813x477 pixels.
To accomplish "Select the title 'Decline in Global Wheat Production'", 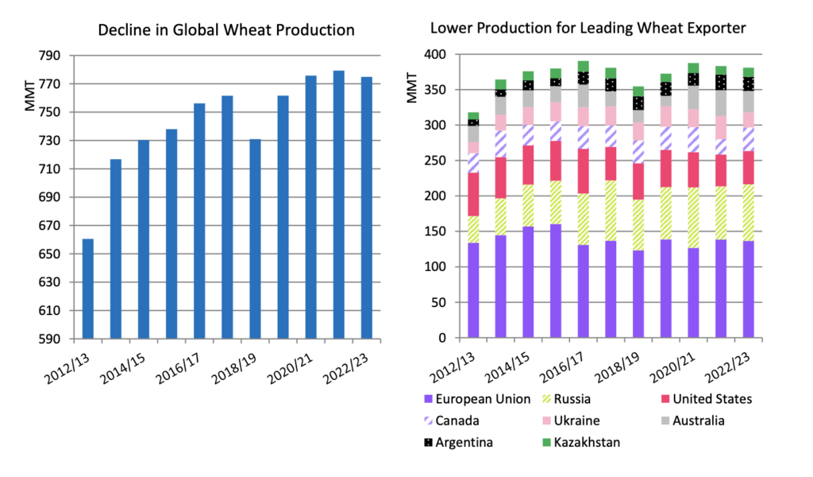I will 225,31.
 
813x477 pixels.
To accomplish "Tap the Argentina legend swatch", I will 430,442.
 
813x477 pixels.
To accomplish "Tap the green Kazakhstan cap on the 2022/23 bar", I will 749,72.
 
